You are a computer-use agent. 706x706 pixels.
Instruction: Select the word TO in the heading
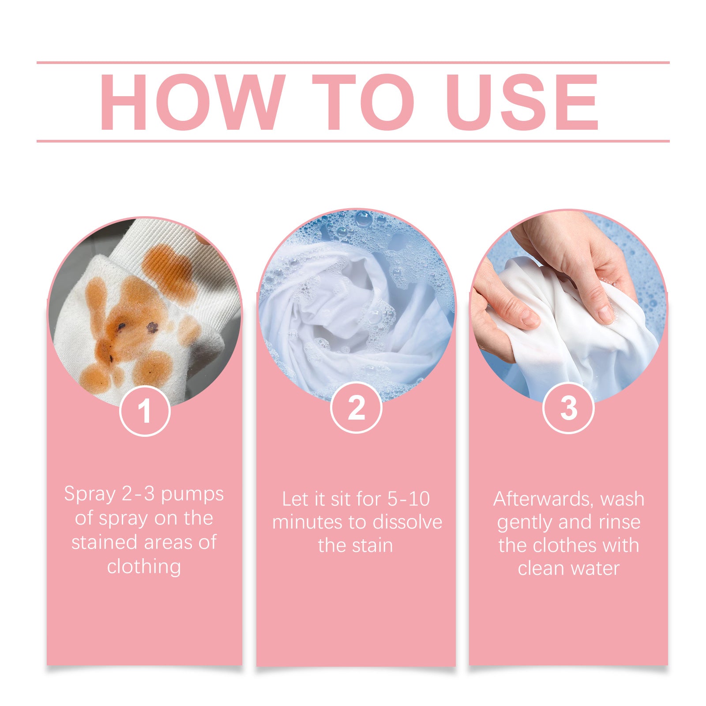click(x=363, y=102)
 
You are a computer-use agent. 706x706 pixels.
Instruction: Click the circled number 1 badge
click(x=145, y=411)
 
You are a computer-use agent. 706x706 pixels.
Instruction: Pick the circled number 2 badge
click(x=356, y=407)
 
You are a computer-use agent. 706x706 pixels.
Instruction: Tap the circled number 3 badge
click(x=568, y=408)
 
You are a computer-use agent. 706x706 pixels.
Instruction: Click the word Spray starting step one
click(x=90, y=495)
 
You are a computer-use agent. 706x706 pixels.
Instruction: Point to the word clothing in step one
click(x=144, y=567)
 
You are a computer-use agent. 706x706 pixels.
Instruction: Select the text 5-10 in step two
click(x=408, y=499)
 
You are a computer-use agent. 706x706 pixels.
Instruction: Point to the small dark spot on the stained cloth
click(x=152, y=327)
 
